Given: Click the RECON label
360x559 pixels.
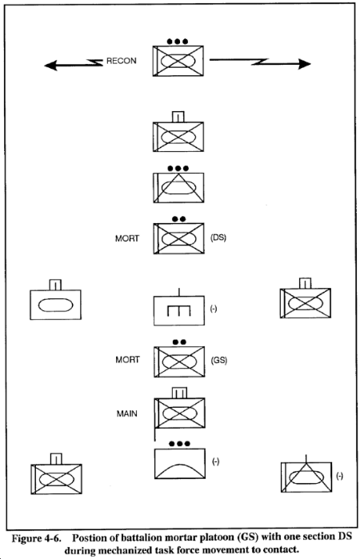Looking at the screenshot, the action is coord(122,61).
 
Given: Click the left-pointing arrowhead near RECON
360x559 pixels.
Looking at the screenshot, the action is coord(50,66).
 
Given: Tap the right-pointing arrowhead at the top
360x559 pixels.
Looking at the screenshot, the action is coord(304,64).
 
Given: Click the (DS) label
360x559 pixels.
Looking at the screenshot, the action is coord(218,237).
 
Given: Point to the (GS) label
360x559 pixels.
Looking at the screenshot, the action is coord(218,360).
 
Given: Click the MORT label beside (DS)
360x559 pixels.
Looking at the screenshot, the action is coord(127,238).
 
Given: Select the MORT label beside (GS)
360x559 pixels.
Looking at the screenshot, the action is coord(127,360).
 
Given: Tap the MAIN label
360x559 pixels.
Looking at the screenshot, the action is coord(126,413).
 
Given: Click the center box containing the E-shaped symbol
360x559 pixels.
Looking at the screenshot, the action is coord(179,310).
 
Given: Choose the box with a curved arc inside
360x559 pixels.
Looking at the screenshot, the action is coord(180,464).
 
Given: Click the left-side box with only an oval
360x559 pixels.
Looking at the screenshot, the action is coord(55,305).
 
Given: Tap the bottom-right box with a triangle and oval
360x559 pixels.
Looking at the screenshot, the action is coord(306,477).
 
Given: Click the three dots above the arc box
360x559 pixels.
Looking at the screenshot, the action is coord(179,444).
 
